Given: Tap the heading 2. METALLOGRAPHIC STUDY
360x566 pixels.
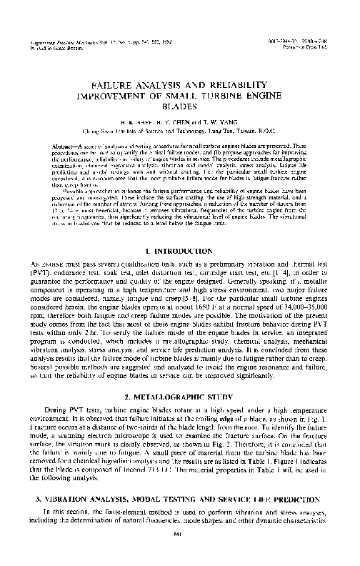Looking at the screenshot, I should (x=179, y=396).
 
